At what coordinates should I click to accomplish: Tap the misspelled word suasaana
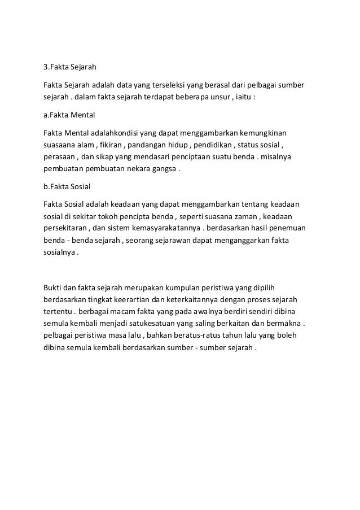pos(61,145)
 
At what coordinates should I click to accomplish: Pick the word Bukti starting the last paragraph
pos(54,287)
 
